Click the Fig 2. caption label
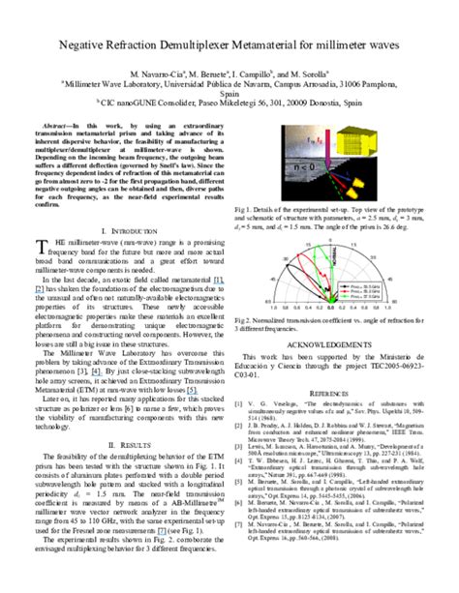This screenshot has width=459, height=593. point(243,319)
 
